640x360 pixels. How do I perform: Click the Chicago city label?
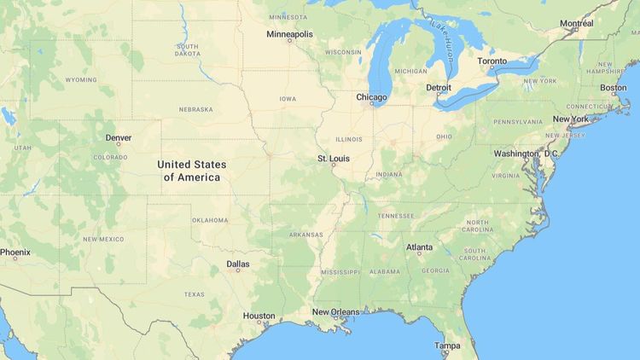pyautogui.click(x=371, y=97)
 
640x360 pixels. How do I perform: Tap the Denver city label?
pyautogui.click(x=119, y=137)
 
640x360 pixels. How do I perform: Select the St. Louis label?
pyautogui.click(x=333, y=159)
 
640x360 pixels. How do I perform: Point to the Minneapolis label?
pyautogui.click(x=289, y=34)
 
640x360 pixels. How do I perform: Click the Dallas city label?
pyautogui.click(x=238, y=264)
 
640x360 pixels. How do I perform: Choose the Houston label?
pyautogui.click(x=259, y=316)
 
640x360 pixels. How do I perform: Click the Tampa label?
pyautogui.click(x=447, y=345)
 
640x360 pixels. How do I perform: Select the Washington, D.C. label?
pyautogui.click(x=526, y=154)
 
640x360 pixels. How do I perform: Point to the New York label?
pyautogui.click(x=570, y=119)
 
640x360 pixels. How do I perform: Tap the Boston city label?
pyautogui.click(x=613, y=87)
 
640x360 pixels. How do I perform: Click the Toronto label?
pyautogui.click(x=492, y=61)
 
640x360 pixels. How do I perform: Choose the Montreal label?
pyautogui.click(x=577, y=23)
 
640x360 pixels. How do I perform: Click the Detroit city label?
pyautogui.click(x=439, y=88)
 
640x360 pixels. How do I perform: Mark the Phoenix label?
pyautogui.click(x=15, y=253)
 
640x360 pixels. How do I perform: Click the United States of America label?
pyautogui.click(x=192, y=171)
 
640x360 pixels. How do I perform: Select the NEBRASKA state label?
pyautogui.click(x=195, y=109)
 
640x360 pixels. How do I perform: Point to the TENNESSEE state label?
pyautogui.click(x=395, y=216)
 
